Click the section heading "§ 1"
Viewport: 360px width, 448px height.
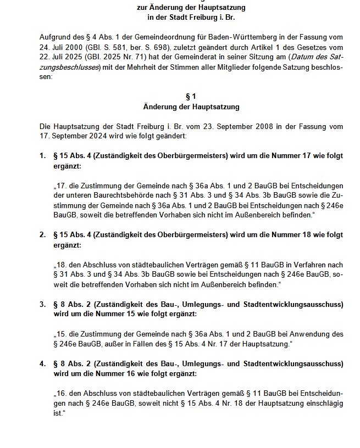[191, 96]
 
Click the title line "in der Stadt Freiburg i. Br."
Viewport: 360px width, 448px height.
[191, 18]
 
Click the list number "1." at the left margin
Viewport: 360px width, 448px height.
[42, 156]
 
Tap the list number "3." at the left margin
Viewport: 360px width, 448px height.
[42, 304]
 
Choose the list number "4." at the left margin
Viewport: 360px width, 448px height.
[42, 363]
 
